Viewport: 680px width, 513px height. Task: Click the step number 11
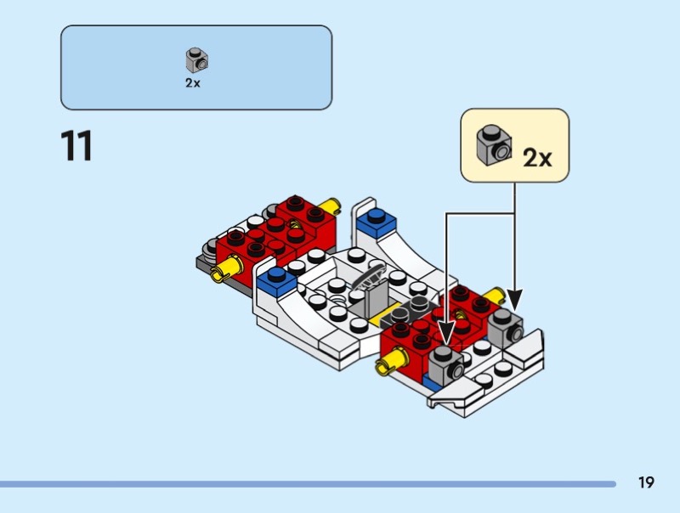(x=76, y=145)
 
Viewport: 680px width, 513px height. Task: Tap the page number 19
(x=646, y=482)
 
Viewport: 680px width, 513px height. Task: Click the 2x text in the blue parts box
(x=193, y=82)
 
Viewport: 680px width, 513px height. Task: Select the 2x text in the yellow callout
(x=537, y=157)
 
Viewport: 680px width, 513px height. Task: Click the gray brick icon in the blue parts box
(x=197, y=60)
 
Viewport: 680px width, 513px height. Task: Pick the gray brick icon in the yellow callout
(x=494, y=145)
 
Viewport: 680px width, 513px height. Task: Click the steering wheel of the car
(x=369, y=276)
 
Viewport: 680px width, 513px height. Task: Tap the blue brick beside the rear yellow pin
(x=376, y=223)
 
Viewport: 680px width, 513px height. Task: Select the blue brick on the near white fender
(x=276, y=282)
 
